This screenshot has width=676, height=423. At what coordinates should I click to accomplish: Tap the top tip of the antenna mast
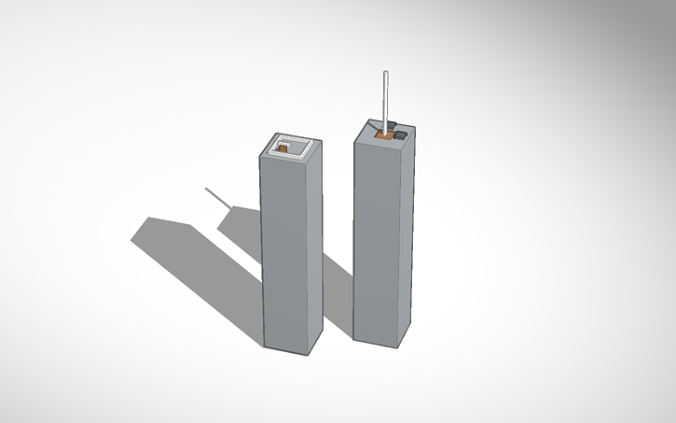(x=385, y=73)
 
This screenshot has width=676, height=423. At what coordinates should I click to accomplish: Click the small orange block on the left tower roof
(x=283, y=149)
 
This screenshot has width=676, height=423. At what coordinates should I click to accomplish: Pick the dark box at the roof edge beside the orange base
(x=399, y=136)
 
